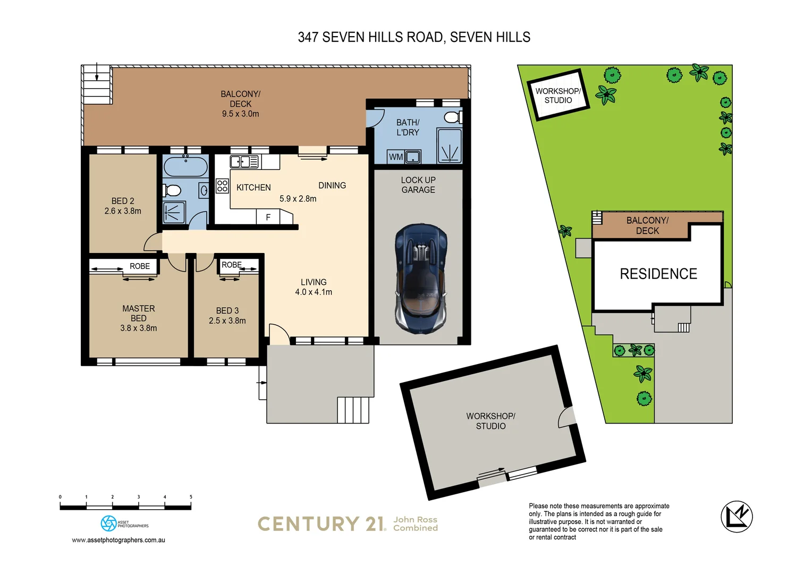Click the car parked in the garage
[x=420, y=278]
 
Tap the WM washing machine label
[x=395, y=157]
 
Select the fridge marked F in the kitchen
[x=268, y=217]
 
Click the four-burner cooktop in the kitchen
[x=222, y=185]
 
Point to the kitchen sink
[x=244, y=161]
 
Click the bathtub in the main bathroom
[x=185, y=166]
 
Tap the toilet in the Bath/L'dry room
[x=453, y=117]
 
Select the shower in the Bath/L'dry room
[x=450, y=146]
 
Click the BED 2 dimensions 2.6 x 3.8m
[x=123, y=211]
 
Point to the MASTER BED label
[x=139, y=313]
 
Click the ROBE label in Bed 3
[x=231, y=265]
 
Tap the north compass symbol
[x=737, y=517]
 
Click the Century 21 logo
[x=322, y=524]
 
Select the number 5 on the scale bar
[x=191, y=497]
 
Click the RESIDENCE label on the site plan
[x=658, y=274]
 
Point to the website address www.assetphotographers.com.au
[x=119, y=540]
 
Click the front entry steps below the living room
[x=353, y=410]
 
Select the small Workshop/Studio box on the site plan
[x=557, y=96]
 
